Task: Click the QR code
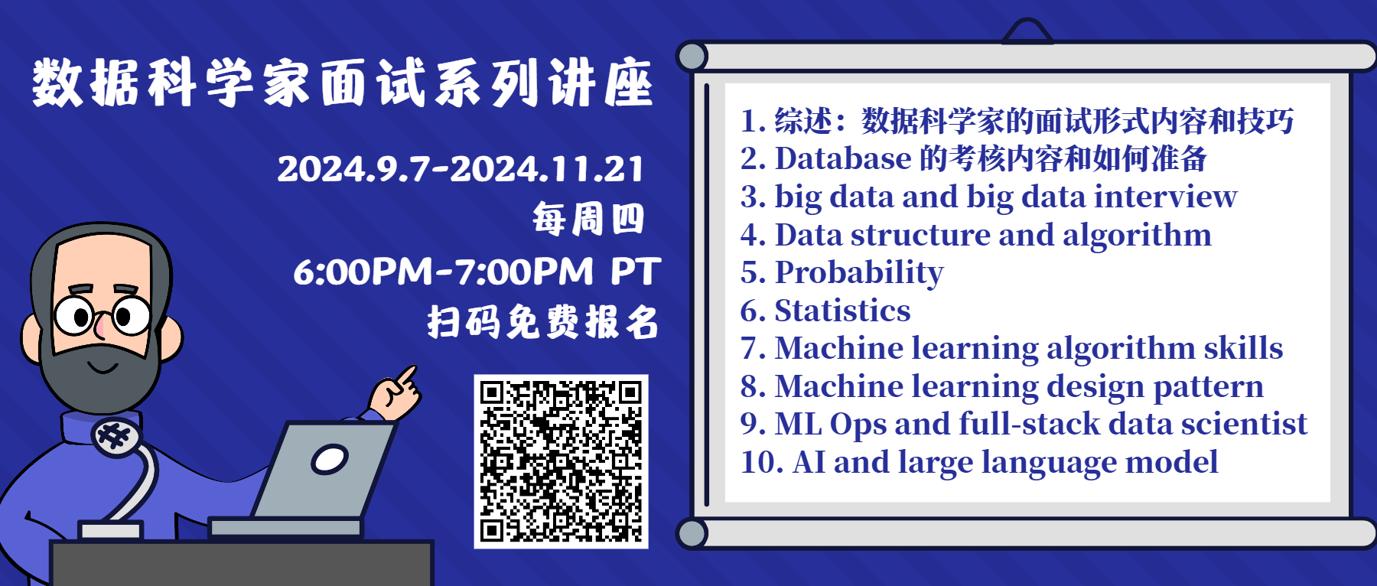point(561,461)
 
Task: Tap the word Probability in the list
point(859,273)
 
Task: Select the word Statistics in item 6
point(842,311)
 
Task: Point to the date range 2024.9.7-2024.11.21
point(461,169)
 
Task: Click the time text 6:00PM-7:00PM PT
point(477,272)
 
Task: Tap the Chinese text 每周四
point(588,220)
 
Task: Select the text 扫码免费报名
point(543,322)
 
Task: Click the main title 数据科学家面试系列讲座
point(343,82)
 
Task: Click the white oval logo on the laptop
point(330,459)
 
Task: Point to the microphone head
point(116,437)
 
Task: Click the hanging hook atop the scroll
point(1027,31)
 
